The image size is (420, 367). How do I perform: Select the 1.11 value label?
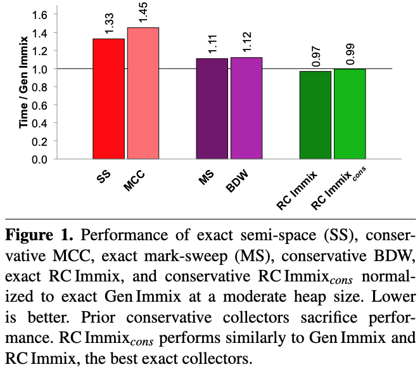point(212,44)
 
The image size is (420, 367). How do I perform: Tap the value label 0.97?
point(315,56)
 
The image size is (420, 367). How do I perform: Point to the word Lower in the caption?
point(383,295)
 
